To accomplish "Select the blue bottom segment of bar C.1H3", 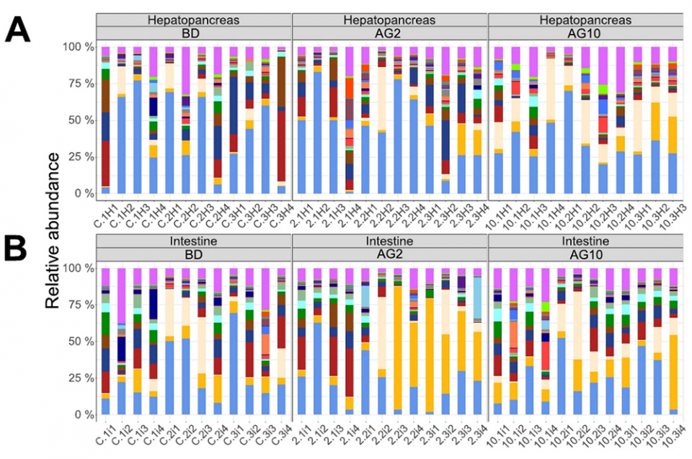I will pos(137,137).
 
